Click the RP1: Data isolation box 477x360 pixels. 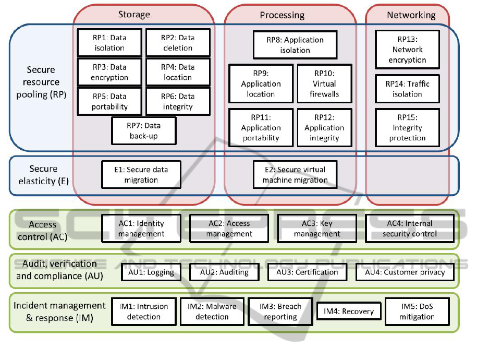click(109, 42)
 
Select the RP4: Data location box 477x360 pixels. click(178, 72)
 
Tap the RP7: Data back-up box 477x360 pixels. click(144, 130)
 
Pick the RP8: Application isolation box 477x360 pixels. click(295, 45)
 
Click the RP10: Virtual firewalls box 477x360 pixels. click(324, 83)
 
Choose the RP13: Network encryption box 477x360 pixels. click(407, 50)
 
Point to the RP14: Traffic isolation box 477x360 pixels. click(407, 89)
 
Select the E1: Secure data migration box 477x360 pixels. click(141, 174)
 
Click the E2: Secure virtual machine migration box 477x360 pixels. click(295, 174)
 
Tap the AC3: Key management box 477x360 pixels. click(317, 229)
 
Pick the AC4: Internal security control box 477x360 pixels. click(410, 229)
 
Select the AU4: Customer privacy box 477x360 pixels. click(405, 272)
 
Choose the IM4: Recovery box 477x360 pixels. click(349, 311)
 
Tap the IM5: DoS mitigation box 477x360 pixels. click(417, 311)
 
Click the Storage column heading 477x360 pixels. click(134, 15)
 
